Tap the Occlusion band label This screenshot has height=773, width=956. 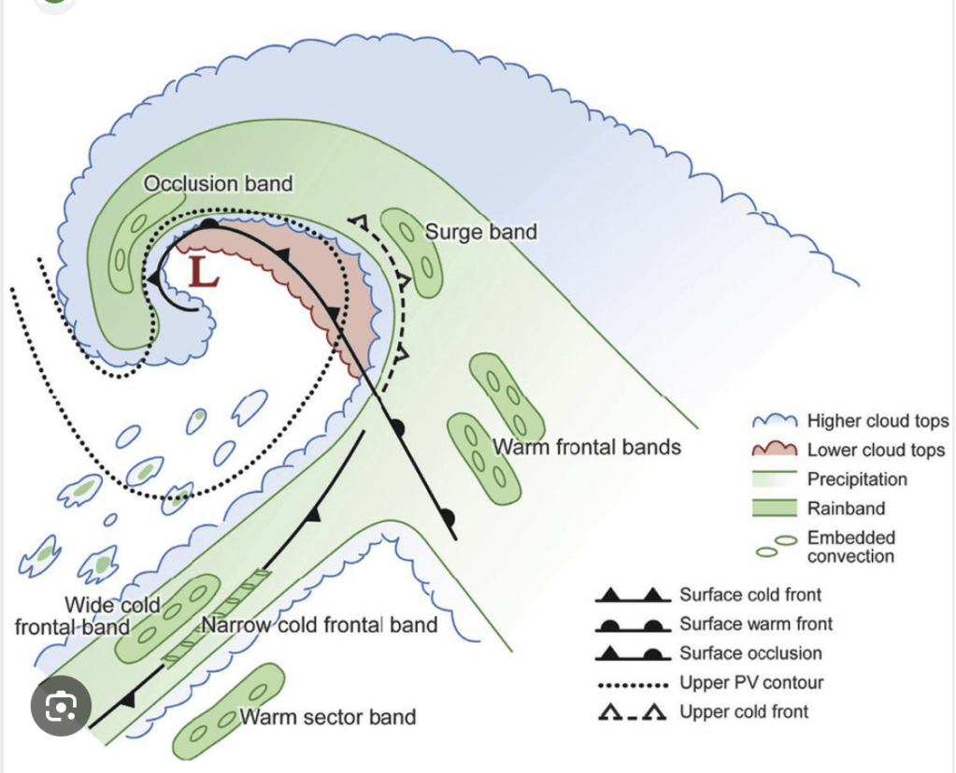coord(218,183)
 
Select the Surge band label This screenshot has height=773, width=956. coord(481,231)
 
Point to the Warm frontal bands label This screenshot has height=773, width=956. coord(587,447)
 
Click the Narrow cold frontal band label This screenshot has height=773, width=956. coord(320,623)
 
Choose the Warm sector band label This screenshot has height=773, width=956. coord(328,717)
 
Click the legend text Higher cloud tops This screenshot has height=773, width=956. coord(878,422)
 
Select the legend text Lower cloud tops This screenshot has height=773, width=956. coord(876,450)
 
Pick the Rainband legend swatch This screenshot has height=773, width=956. coord(775,509)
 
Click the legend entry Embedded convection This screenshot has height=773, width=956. coord(850,547)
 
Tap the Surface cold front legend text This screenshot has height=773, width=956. coord(750,594)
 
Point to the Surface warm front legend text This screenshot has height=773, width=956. coord(755,623)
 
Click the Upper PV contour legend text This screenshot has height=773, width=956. coord(751,682)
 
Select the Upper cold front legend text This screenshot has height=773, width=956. coord(744,711)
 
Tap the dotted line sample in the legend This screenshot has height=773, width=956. coord(634,683)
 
